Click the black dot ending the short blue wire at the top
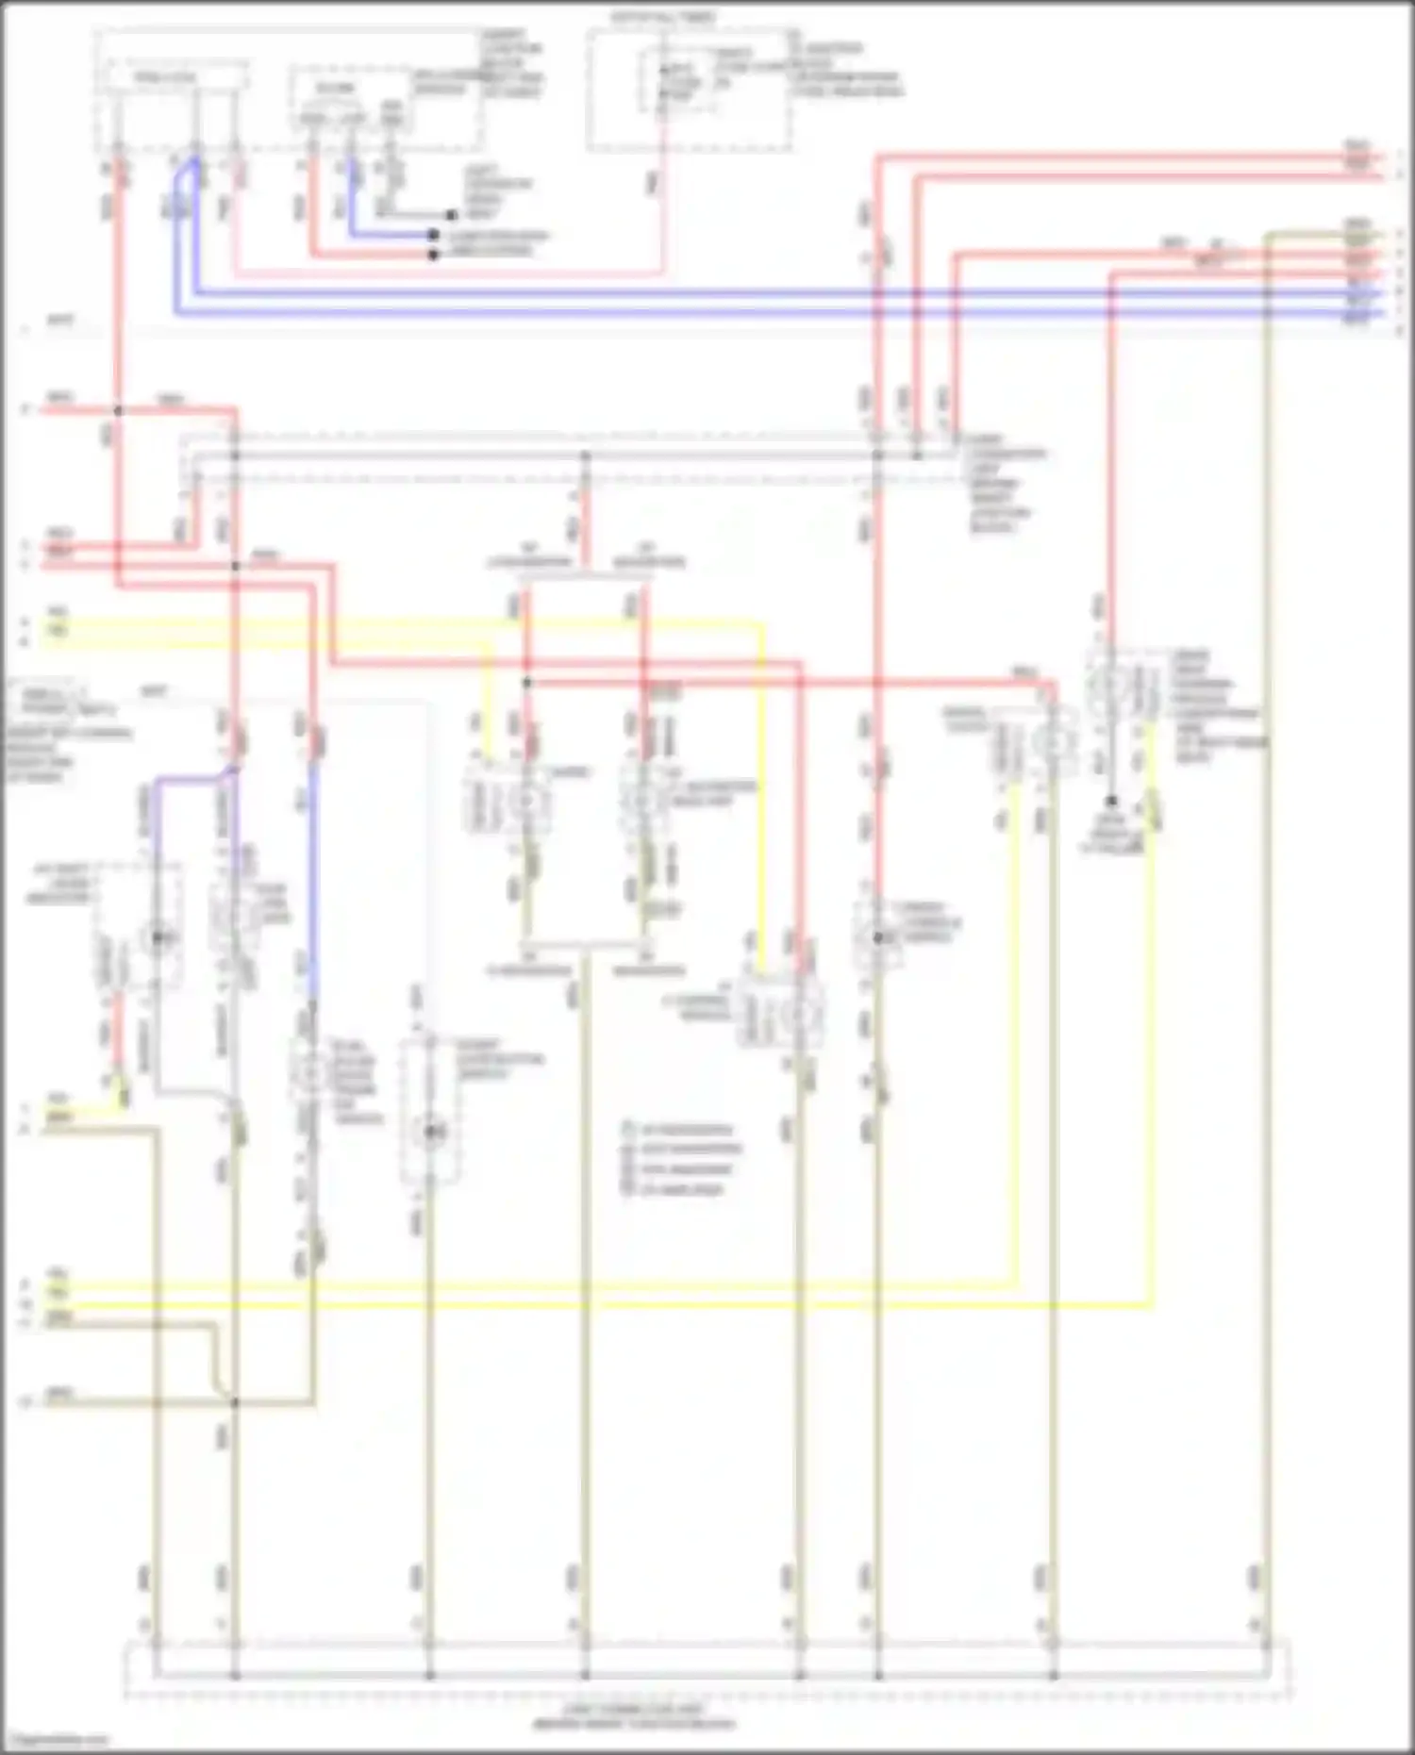433,235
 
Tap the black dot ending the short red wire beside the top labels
433,254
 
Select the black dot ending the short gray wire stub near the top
452,215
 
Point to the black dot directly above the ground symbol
1112,802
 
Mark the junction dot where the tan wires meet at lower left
235,1402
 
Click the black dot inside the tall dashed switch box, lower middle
430,1132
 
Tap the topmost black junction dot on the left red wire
119,410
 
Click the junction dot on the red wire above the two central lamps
527,682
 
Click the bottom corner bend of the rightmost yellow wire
1151,1305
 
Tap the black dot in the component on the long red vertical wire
877,937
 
